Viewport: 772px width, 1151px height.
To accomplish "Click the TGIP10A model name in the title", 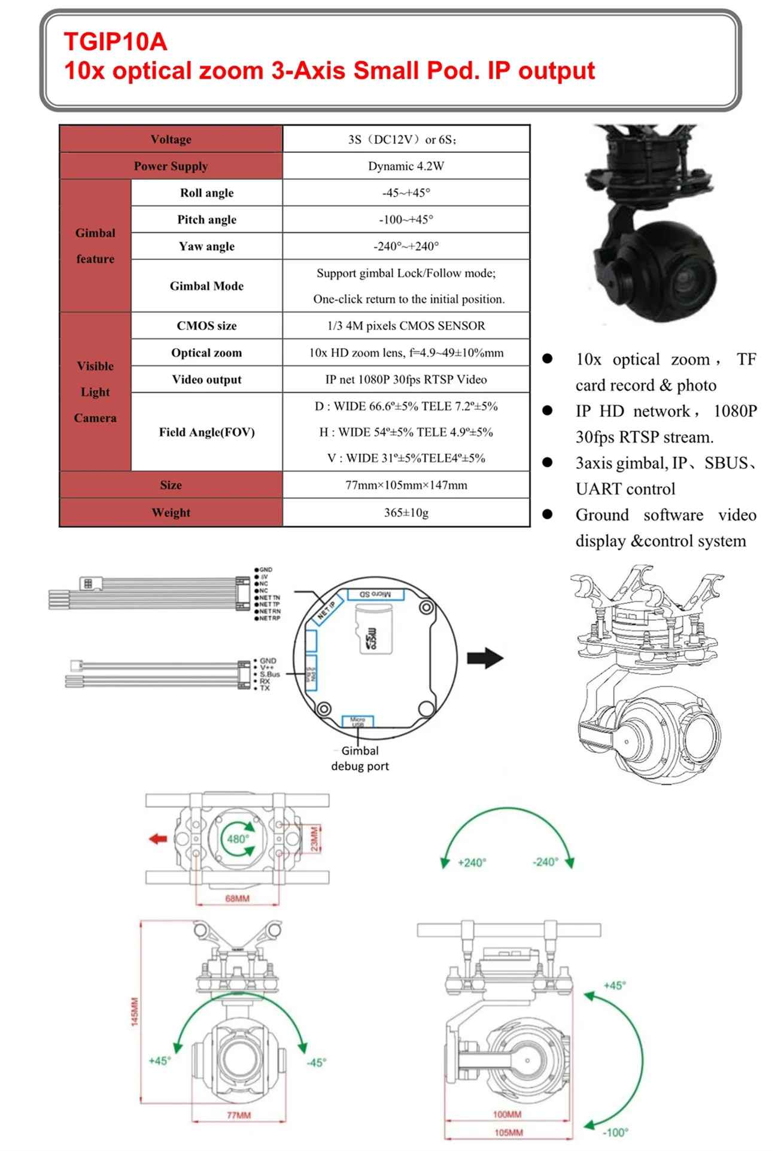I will pos(116,42).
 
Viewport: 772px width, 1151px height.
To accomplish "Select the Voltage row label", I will pos(171,140).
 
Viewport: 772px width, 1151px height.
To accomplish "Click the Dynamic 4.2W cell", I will pos(406,166).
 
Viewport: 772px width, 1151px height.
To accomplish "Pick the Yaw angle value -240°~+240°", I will pos(406,246).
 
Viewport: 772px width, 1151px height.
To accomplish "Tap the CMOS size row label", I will pos(206,326).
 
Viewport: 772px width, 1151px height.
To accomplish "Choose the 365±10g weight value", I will pos(406,513).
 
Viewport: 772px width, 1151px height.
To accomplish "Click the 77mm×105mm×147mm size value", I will pos(406,485).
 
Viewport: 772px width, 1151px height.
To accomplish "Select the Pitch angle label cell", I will pos(206,220).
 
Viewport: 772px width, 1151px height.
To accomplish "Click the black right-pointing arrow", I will pos(485,658).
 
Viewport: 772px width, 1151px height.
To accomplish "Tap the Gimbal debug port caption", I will pos(360,758).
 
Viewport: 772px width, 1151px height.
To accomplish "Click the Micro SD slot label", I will pos(375,594).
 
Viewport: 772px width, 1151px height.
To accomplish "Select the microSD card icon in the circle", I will pos(374,632).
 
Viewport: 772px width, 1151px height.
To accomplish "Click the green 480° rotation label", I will pos(238,839).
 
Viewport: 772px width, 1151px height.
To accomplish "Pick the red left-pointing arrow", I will pos(158,839).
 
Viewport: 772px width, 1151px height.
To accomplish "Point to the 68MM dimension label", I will pos(237,898).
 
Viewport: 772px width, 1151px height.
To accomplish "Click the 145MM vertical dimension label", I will pos(135,1011).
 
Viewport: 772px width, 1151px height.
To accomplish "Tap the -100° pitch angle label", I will pos(615,1132).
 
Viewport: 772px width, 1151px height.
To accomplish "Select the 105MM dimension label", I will pos(509,1132).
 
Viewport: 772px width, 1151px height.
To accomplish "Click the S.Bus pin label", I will pos(269,674).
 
